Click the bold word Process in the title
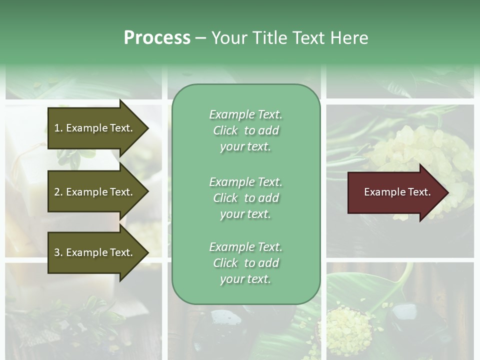tap(157, 38)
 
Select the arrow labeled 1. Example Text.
tap(94, 128)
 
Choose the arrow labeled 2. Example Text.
tap(94, 192)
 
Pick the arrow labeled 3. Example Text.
tap(94, 252)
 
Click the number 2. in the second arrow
tap(58, 192)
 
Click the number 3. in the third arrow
tap(58, 252)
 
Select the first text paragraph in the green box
tap(245, 130)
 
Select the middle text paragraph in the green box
tap(245, 198)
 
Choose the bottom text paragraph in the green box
tap(245, 263)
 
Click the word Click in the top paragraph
tap(225, 130)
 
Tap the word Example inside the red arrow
tap(381, 192)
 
